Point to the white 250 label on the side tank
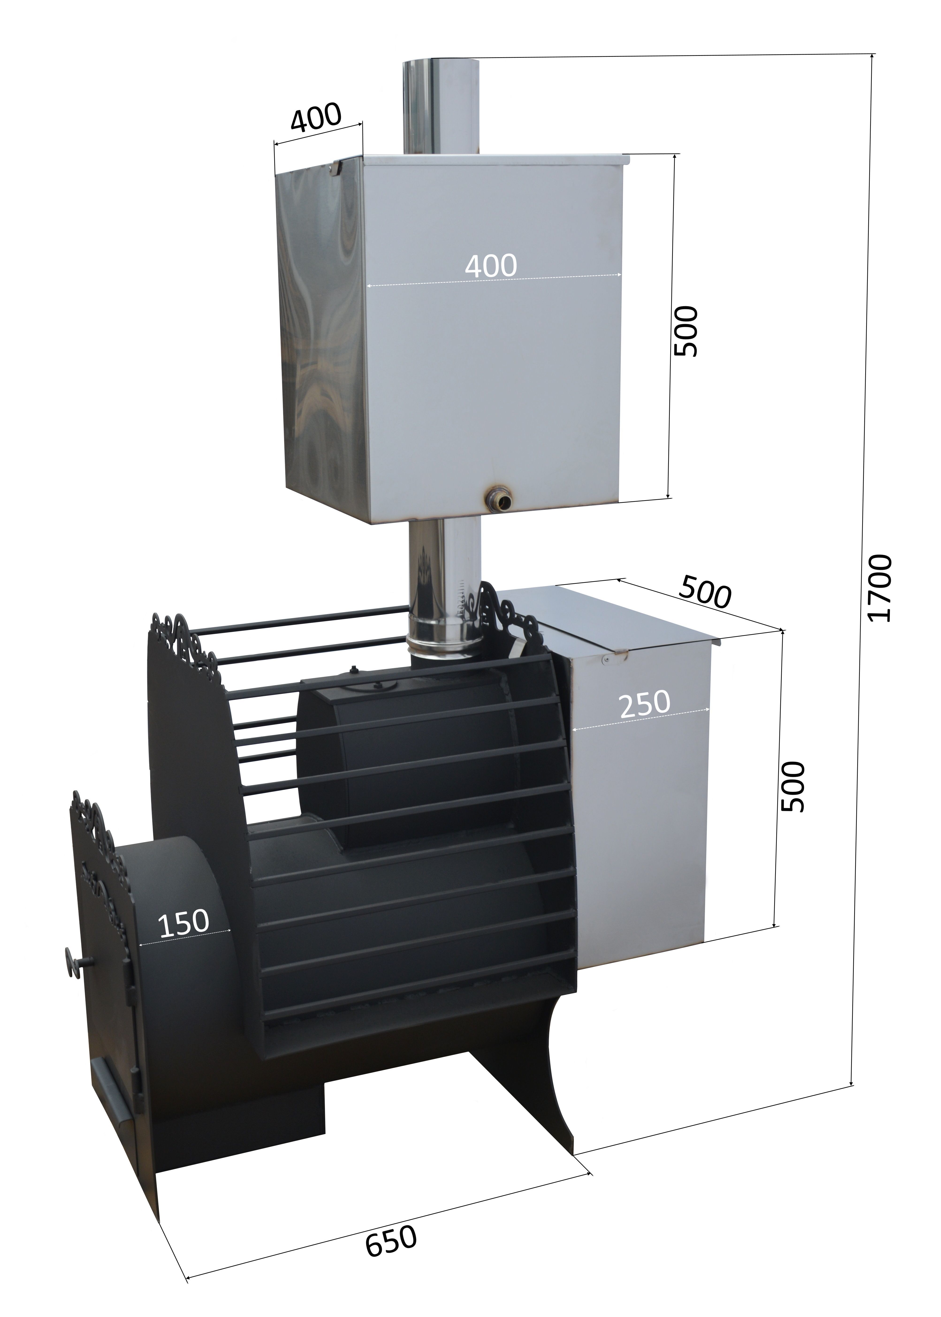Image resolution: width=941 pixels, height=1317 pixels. tap(644, 703)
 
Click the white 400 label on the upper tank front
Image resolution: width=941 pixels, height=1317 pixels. tap(491, 265)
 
